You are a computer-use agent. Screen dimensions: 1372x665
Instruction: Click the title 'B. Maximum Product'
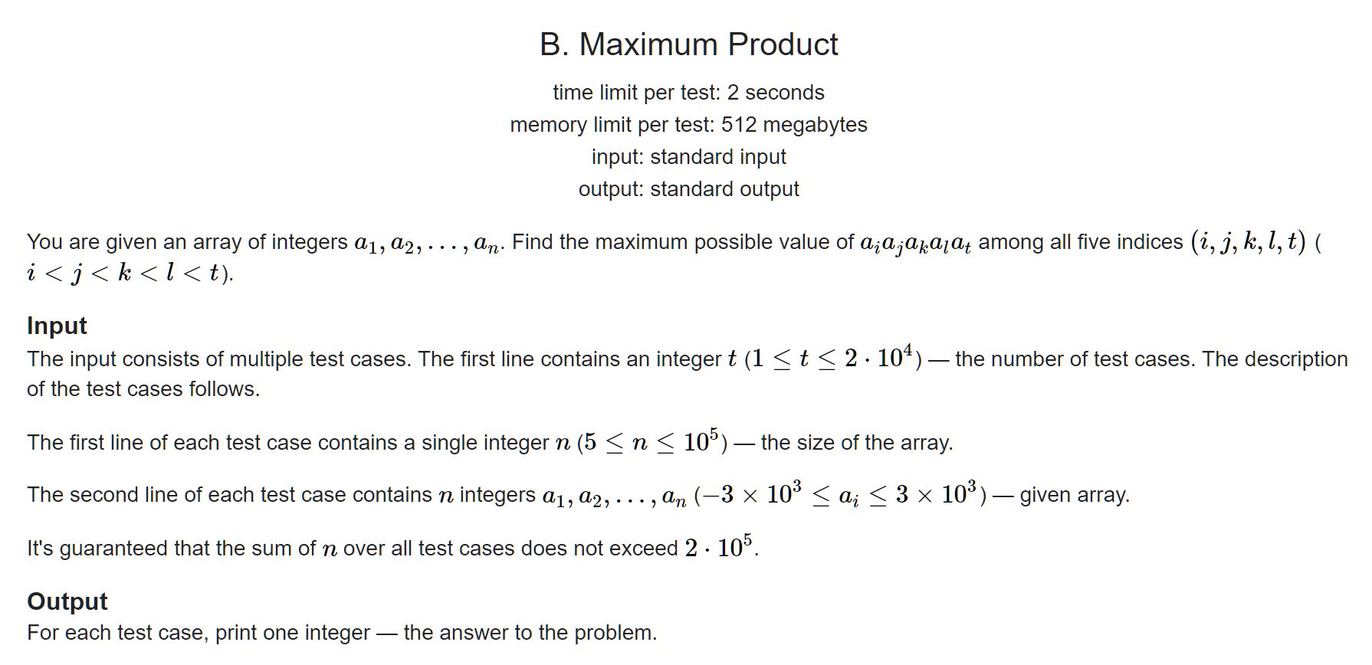688,44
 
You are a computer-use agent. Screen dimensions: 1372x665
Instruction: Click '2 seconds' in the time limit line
776,93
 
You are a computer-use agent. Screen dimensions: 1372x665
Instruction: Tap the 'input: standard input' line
688,157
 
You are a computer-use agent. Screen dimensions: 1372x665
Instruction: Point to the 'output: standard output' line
688,189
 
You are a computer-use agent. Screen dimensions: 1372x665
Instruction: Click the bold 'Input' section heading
57,326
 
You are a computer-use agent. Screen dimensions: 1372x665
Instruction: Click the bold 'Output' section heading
67,601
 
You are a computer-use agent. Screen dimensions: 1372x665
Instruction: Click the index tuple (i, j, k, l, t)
1248,242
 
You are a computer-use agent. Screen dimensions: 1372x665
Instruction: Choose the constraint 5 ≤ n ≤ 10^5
651,442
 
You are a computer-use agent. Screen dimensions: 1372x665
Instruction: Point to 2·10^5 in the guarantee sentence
720,548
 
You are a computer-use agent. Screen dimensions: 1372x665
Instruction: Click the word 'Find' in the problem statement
533,242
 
